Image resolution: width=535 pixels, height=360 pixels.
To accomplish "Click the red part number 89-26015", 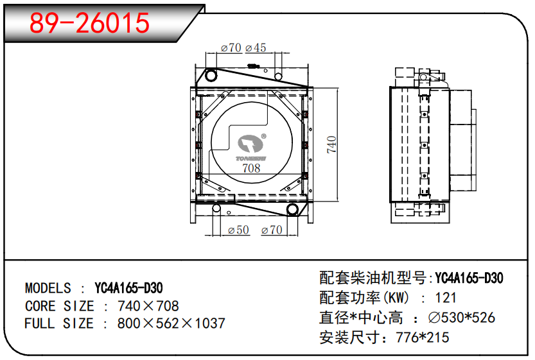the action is point(89,23).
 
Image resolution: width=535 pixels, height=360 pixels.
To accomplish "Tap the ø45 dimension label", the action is point(256,47).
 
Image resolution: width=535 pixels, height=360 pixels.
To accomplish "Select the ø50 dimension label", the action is point(238,230).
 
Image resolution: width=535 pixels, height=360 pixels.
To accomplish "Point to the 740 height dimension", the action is point(331,144).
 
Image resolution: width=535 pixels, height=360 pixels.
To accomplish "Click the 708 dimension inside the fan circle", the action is point(251,168).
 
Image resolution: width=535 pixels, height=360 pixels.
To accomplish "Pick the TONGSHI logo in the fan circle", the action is point(251,148).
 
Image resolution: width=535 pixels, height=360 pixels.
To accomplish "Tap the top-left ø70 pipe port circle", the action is point(211,75).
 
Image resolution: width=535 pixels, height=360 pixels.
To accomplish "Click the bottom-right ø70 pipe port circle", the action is point(292,210).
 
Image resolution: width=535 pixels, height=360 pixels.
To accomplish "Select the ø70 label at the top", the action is point(231,47).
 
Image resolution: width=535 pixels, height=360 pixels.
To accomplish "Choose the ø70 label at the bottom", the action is point(272,230).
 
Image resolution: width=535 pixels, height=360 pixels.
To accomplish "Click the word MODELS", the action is point(48,288).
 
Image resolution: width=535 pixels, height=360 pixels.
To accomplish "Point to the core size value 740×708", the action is point(148,306).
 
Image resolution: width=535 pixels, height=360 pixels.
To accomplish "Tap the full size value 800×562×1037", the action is point(171,323).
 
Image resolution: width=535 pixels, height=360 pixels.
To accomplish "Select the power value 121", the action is point(446,298).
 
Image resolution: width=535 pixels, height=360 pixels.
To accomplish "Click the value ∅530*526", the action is point(462,318).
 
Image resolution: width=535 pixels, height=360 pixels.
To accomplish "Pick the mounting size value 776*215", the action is point(423,338).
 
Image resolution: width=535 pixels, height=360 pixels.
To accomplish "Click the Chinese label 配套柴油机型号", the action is point(373,278).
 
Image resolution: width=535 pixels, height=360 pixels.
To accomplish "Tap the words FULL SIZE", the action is point(59,323).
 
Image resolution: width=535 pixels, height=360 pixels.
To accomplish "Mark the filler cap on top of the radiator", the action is point(253,66).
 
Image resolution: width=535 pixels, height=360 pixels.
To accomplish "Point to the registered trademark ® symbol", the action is point(264,136).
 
